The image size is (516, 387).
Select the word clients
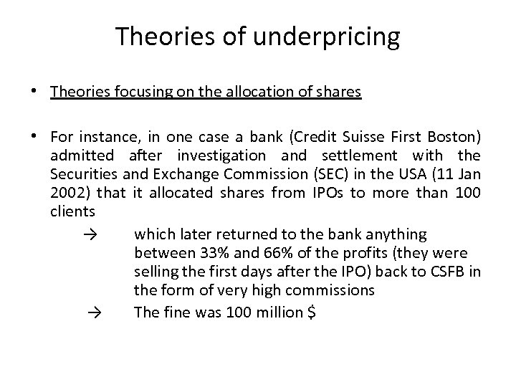click(x=72, y=212)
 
